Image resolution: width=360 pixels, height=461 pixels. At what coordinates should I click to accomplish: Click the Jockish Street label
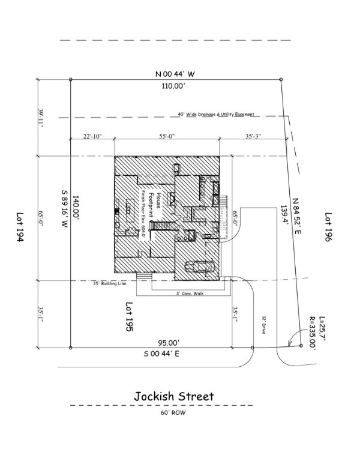point(174,397)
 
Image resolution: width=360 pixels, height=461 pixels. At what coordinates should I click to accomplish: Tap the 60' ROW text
point(173,414)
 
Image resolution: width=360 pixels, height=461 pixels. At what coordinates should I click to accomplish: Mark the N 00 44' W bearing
point(175,74)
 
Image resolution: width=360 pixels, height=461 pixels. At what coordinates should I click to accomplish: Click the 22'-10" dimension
point(92,136)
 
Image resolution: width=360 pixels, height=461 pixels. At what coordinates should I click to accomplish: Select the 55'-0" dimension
point(166,136)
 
